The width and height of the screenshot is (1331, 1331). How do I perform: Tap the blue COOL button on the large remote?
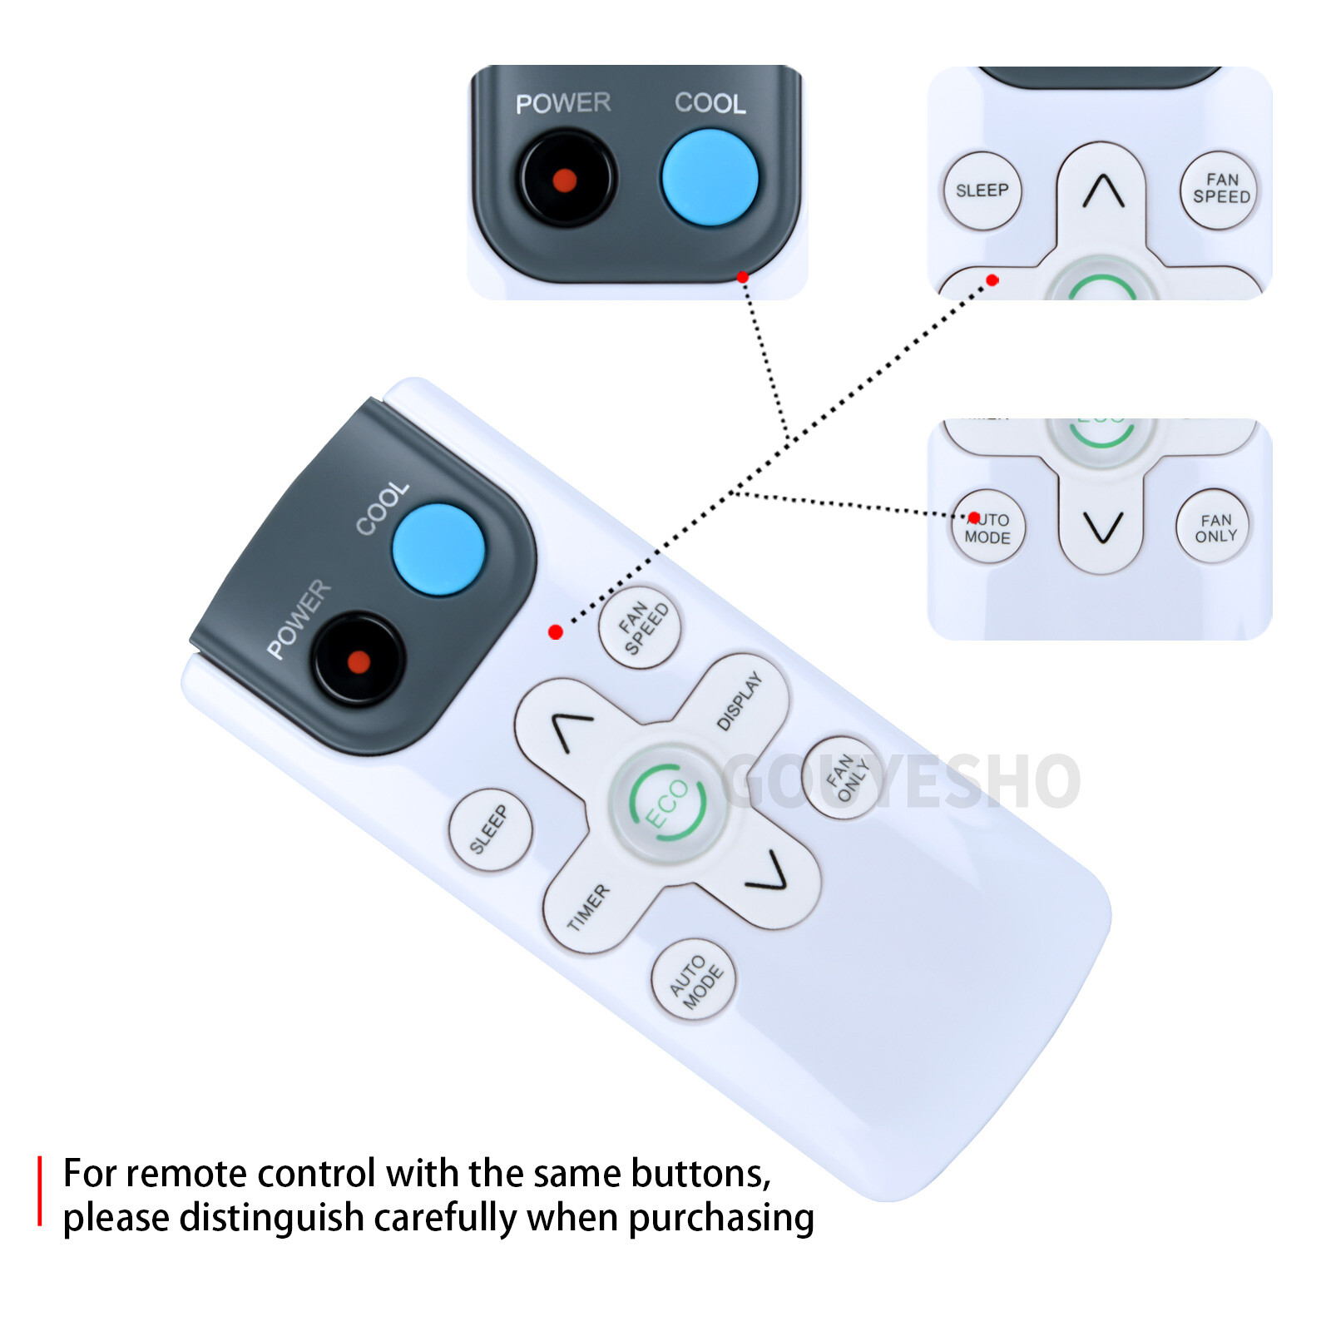tap(438, 550)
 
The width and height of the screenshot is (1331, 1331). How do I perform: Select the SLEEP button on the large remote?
tap(490, 829)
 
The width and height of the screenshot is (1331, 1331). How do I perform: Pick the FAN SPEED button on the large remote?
tap(640, 627)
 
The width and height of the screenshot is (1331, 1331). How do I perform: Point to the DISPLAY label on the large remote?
tap(740, 701)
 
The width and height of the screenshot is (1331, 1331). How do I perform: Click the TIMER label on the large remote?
tap(589, 906)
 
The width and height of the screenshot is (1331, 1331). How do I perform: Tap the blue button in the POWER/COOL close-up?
tap(710, 177)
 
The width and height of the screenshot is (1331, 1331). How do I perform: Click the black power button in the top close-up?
tap(566, 179)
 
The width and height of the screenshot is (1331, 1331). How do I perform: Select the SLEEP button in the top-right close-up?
tap(982, 190)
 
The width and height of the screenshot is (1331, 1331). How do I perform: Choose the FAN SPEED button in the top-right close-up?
tap(1220, 189)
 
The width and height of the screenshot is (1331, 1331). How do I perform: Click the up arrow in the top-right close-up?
tap(1103, 191)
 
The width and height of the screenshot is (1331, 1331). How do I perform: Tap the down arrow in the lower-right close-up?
tap(1103, 527)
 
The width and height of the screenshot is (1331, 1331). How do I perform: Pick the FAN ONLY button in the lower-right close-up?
tap(1215, 527)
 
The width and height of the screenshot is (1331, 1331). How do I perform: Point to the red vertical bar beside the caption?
tap(39, 1190)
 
